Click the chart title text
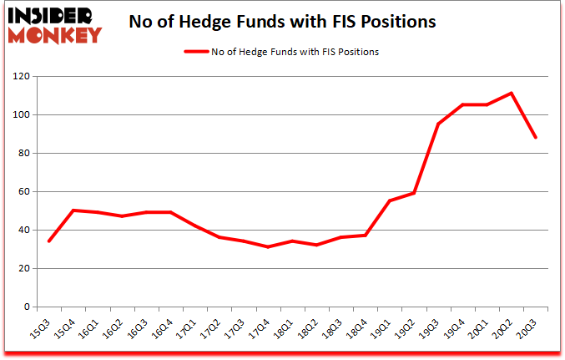(x=282, y=23)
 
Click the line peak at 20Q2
(x=511, y=93)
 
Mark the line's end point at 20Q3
(x=535, y=137)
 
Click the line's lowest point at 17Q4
(x=269, y=247)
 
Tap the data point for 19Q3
(x=438, y=124)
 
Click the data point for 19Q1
(x=390, y=200)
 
